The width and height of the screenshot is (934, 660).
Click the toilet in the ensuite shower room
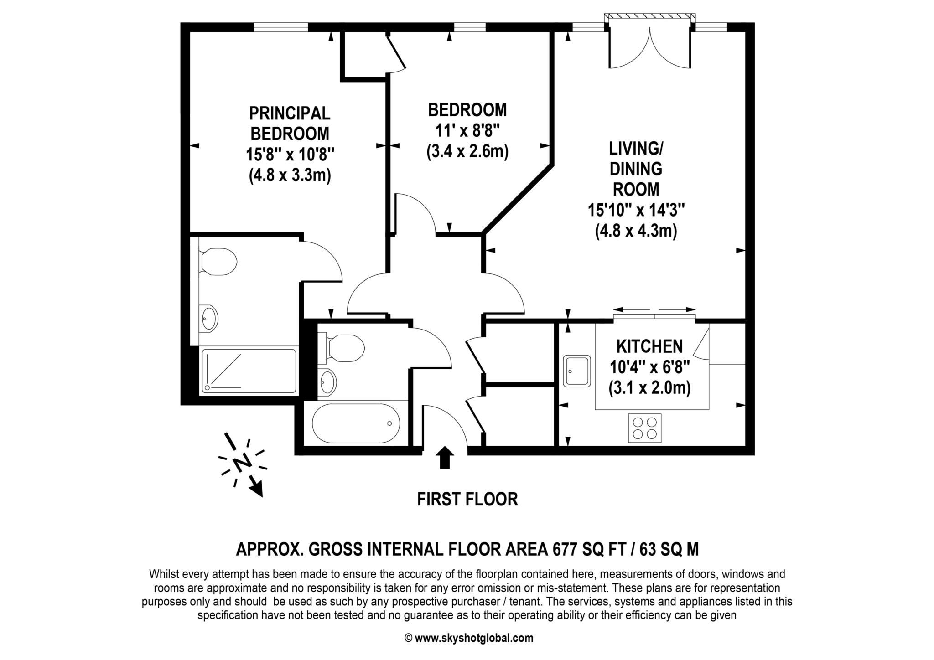pos(218,262)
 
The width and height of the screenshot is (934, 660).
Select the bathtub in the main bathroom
pos(356,423)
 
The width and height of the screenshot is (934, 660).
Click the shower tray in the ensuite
pos(249,370)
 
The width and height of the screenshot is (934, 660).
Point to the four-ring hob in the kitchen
pos(644,428)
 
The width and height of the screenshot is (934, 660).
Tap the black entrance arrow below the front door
pos(445,457)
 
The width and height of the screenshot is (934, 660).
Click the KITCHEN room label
pos(649,346)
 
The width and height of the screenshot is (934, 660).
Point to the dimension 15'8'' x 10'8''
pos(291,155)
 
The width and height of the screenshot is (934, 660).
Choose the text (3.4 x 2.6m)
pos(467,151)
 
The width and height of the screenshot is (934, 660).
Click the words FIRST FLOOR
pos(467,499)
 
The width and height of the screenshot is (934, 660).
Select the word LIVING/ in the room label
pos(636,148)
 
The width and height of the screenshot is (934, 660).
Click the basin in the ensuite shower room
pos(210,317)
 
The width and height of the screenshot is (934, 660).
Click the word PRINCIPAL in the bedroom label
pos(290,113)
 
